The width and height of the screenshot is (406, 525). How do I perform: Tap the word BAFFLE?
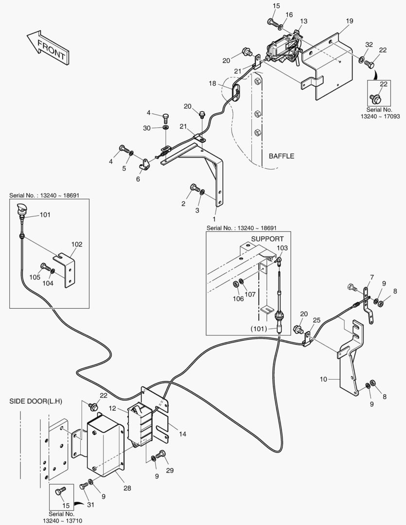[282, 157]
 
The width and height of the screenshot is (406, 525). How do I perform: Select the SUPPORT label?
[267, 239]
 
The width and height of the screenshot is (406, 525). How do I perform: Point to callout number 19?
[350, 21]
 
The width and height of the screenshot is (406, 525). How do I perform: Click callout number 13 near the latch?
[303, 21]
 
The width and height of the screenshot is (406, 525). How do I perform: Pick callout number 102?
[77, 245]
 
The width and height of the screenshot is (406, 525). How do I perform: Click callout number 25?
[317, 320]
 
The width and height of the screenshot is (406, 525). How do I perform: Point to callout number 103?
[282, 248]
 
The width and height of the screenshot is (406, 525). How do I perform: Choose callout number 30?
[147, 128]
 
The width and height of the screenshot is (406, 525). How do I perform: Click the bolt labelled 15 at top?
[271, 22]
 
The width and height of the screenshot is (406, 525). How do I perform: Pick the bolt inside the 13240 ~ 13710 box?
[60, 492]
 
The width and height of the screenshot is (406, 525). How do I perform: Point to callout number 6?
[138, 179]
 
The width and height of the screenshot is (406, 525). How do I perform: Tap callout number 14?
[182, 434]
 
